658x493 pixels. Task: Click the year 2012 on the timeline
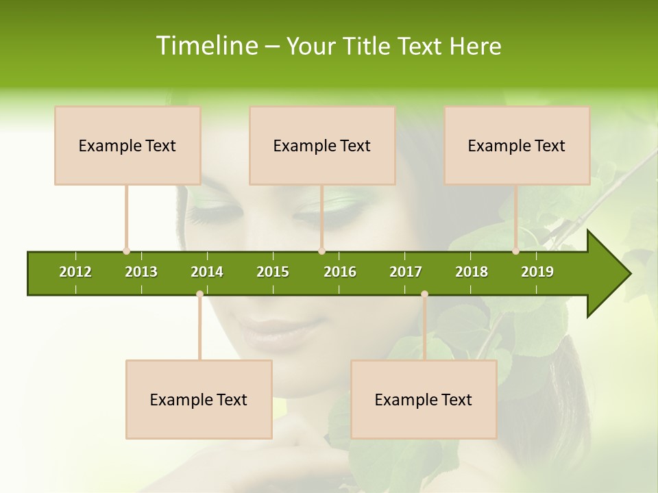[x=75, y=272]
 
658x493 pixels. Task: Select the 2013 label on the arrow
[x=141, y=272]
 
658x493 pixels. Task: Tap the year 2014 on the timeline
[x=207, y=272]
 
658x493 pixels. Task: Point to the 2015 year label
[x=273, y=272]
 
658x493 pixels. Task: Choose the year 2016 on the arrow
[x=340, y=272]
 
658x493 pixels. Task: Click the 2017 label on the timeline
[x=406, y=272]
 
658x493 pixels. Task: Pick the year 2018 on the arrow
[x=472, y=272]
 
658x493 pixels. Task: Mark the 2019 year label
[x=537, y=272]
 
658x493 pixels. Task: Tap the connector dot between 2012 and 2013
[x=126, y=251]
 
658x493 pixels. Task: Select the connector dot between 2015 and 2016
[x=321, y=251]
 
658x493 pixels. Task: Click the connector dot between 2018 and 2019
[x=515, y=251]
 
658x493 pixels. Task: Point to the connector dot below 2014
[x=199, y=294]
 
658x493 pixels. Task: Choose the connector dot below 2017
[x=424, y=294]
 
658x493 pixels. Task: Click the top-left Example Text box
[x=127, y=145]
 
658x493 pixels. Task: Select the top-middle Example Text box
[x=322, y=145]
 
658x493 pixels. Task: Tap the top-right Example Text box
[x=517, y=145]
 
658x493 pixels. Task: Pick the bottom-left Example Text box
[x=199, y=399]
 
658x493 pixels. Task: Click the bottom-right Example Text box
[x=424, y=399]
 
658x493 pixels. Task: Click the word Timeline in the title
[x=206, y=46]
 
